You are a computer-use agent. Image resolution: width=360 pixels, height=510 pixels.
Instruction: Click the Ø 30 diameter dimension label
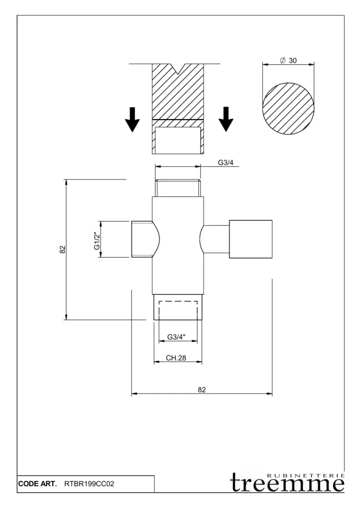click(288, 60)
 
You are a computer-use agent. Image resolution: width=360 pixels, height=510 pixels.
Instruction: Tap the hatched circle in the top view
click(289, 109)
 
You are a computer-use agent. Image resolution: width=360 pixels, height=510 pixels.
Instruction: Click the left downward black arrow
click(132, 120)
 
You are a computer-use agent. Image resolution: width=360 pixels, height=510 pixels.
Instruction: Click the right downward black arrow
click(226, 120)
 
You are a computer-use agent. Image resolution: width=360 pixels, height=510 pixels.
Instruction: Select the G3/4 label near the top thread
click(226, 163)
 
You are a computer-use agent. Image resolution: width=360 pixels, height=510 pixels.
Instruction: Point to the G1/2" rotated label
click(97, 241)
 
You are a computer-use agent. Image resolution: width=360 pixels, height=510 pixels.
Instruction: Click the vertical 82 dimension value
click(63, 250)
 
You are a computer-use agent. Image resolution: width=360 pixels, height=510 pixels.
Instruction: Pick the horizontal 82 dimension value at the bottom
click(202, 389)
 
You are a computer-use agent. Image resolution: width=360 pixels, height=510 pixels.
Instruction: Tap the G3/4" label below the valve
click(176, 337)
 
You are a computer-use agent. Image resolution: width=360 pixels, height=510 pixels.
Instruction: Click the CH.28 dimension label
click(176, 358)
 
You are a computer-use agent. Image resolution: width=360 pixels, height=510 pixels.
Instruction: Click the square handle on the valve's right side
click(251, 239)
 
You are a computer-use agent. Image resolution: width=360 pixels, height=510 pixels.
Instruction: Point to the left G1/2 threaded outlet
click(142, 239)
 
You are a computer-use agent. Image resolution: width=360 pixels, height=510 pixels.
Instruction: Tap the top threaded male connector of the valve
click(178, 188)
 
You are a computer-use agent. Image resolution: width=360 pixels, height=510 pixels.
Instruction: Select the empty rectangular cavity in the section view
click(178, 140)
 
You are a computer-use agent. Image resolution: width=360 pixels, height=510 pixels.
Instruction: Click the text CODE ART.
click(37, 484)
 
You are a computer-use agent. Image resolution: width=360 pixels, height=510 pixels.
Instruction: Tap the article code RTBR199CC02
click(90, 484)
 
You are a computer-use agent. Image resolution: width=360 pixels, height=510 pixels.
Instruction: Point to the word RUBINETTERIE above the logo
click(305, 476)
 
